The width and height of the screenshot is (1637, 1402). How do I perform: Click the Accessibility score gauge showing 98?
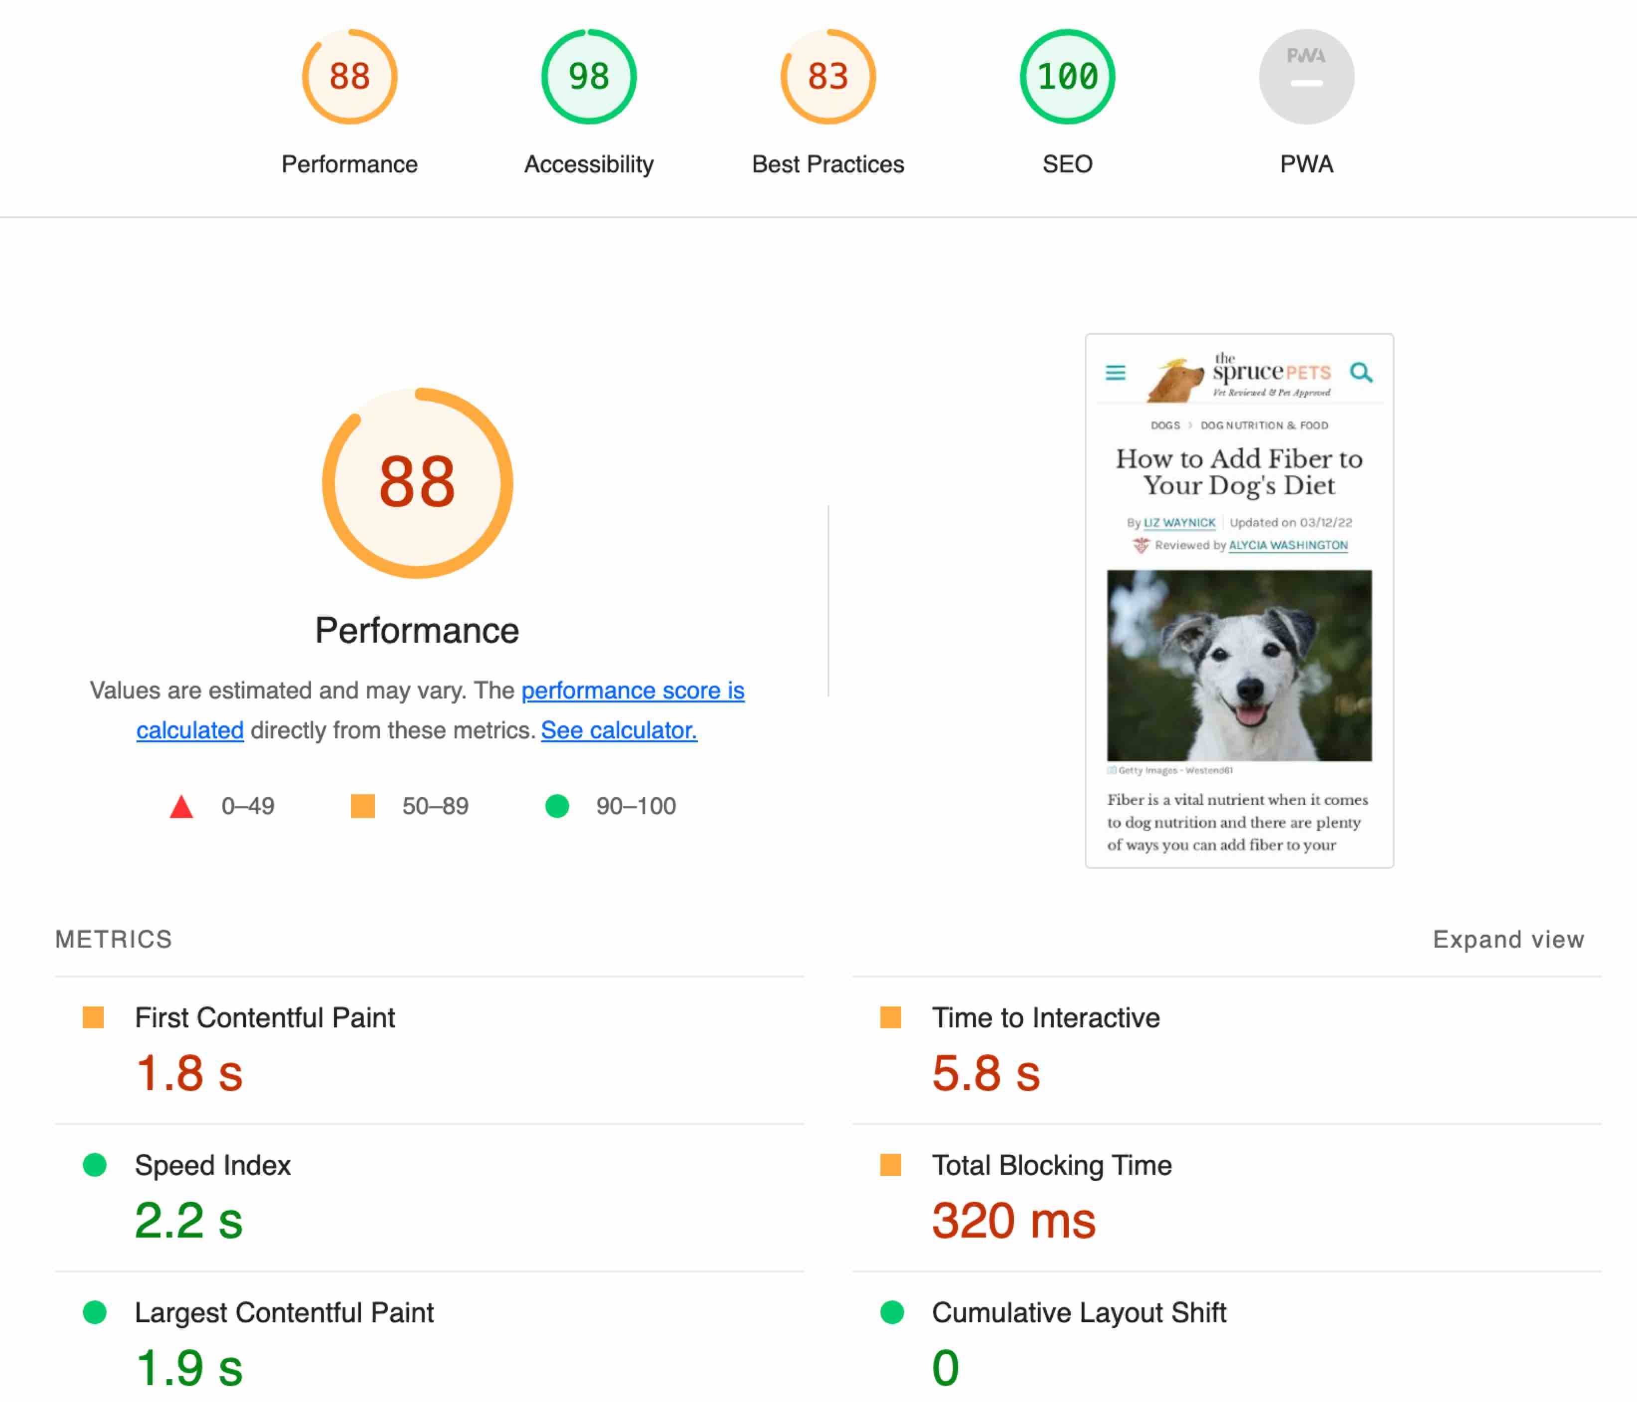(x=589, y=77)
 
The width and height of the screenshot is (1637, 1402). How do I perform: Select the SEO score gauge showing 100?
(x=1067, y=77)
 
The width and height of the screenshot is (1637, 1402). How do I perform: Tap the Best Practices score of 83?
(x=828, y=77)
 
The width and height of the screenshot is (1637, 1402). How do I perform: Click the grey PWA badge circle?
(x=1306, y=77)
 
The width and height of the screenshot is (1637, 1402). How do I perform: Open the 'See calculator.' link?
(x=619, y=730)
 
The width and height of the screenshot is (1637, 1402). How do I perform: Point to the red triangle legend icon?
(x=182, y=807)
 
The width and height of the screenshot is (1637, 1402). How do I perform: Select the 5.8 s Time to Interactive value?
(x=985, y=1073)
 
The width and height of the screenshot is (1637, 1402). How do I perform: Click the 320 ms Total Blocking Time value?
(x=1013, y=1220)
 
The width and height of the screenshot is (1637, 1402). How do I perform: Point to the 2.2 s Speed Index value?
(x=188, y=1220)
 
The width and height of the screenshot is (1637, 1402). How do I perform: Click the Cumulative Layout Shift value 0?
(x=945, y=1367)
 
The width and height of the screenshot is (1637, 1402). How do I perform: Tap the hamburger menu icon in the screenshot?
(x=1115, y=372)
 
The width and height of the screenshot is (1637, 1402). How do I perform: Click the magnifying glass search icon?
(x=1360, y=372)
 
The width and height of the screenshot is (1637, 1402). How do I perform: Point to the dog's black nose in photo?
(x=1250, y=687)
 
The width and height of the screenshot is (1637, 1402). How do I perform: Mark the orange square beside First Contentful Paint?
(x=93, y=1017)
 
